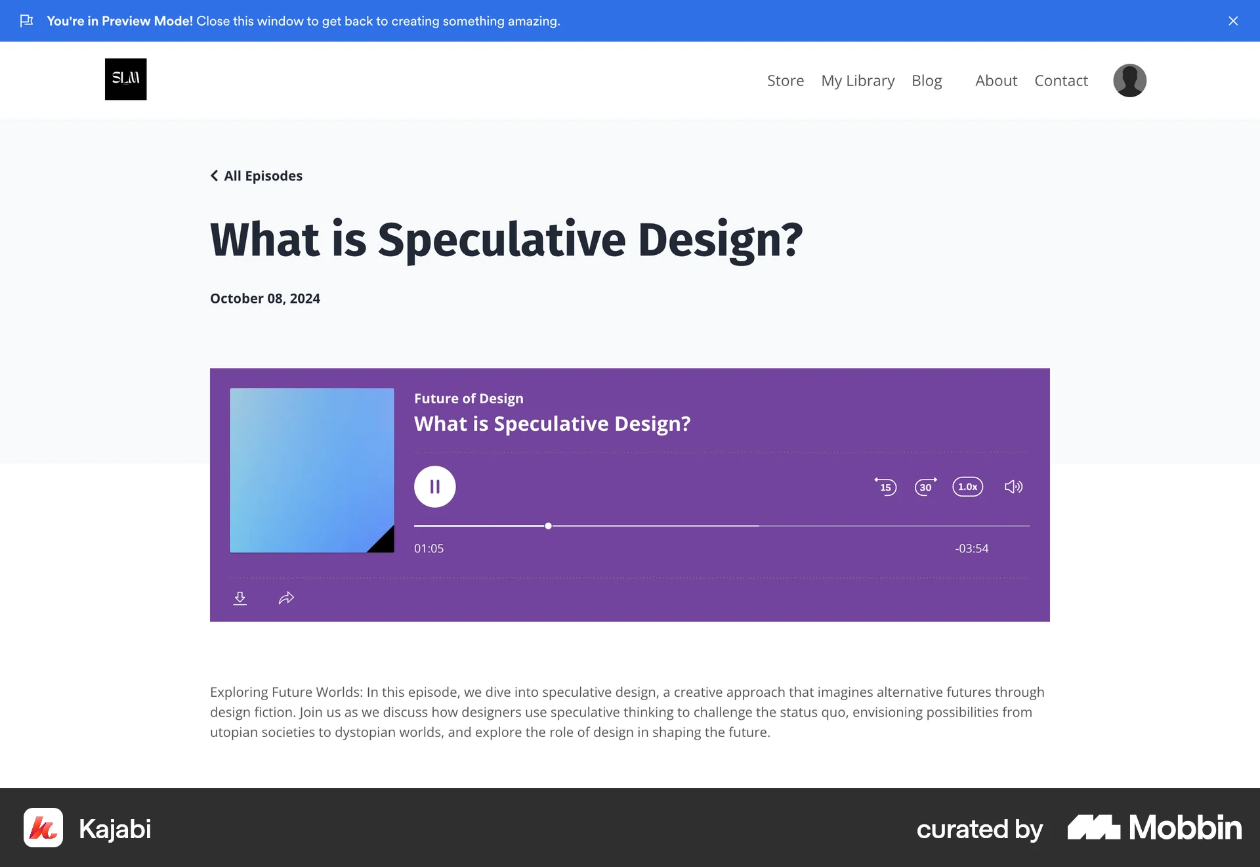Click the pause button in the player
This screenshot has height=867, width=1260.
click(x=434, y=487)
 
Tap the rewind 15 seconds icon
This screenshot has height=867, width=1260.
click(x=885, y=487)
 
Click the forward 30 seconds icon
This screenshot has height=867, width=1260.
click(x=926, y=487)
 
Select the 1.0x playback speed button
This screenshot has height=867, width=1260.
click(x=968, y=487)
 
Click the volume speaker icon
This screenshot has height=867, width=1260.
click(x=1013, y=487)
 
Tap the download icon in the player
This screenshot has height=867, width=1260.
click(x=240, y=598)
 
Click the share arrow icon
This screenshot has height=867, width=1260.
click(x=286, y=598)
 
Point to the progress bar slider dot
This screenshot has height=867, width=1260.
click(x=548, y=526)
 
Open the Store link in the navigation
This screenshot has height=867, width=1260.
click(x=786, y=81)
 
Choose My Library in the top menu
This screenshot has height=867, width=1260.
click(x=858, y=81)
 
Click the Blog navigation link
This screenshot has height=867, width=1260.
click(x=927, y=81)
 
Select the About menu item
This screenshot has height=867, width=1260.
click(x=996, y=81)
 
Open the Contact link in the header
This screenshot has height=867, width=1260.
click(x=1061, y=81)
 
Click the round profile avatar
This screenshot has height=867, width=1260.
click(x=1129, y=80)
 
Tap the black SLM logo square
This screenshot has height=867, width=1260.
click(x=126, y=79)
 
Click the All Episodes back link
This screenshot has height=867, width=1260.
click(x=257, y=176)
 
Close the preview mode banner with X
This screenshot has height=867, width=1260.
click(x=1233, y=21)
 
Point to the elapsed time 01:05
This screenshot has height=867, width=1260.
click(x=429, y=548)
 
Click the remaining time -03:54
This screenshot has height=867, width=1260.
click(x=972, y=548)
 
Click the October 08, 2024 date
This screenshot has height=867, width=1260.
click(x=265, y=299)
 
